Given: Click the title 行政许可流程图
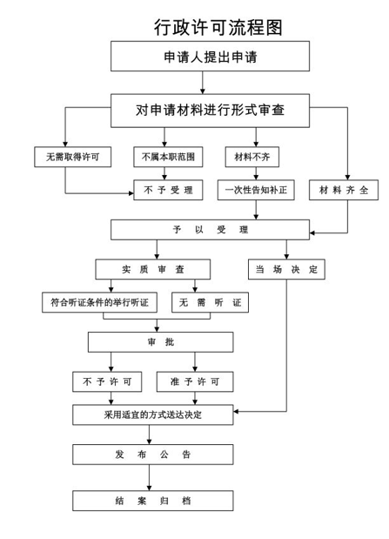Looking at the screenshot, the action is (218, 27).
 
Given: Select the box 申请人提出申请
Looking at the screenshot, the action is (210, 57).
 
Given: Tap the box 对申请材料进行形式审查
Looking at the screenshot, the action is (210, 111).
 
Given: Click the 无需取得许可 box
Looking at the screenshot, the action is (72, 157).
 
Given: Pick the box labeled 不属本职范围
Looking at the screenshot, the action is (168, 157).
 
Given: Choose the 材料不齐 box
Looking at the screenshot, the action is (252, 157).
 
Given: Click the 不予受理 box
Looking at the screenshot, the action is (168, 190).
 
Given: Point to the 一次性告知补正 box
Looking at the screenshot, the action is (256, 190).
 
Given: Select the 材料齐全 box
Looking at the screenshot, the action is (344, 190).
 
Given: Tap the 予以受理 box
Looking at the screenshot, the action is (210, 230).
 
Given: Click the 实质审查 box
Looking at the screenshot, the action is (153, 269).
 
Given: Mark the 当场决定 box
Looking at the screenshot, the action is (286, 269).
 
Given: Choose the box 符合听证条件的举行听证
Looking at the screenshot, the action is (100, 302).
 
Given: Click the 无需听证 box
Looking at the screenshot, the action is (210, 302).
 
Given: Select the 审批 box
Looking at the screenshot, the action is (160, 342).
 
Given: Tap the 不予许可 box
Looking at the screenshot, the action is (107, 381).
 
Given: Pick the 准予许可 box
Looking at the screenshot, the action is (195, 381).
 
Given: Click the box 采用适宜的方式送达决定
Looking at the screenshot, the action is (153, 414).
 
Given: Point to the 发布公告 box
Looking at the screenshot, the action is (153, 455).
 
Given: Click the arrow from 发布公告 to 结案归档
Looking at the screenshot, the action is (149, 477).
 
